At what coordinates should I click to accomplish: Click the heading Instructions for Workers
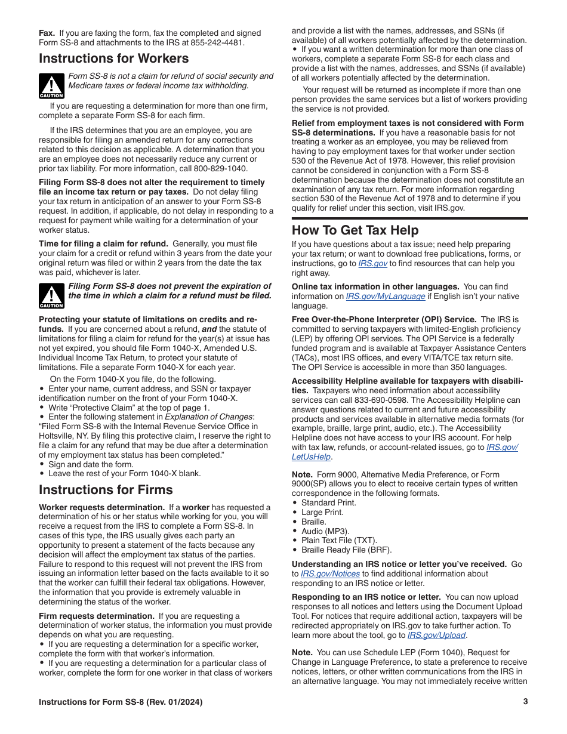pyautogui.click(x=113, y=58)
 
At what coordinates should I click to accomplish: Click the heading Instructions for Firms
pyautogui.click(x=106, y=490)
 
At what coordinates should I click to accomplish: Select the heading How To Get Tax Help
pyautogui.click(x=355, y=230)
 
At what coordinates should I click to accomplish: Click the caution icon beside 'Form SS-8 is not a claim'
pyautogui.click(x=51, y=86)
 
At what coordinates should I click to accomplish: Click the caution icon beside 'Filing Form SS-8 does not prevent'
pyautogui.click(x=51, y=296)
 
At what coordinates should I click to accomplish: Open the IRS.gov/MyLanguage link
pyautogui.click(x=386, y=296)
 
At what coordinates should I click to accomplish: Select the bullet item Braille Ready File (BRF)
pyautogui.click(x=346, y=550)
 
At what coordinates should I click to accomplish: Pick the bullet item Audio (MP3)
pyautogui.click(x=325, y=531)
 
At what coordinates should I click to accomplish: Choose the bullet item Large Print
pyautogui.click(x=322, y=512)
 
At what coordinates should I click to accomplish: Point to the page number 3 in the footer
pyautogui.click(x=525, y=702)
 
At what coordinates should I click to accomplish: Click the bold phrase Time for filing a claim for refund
pyautogui.click(x=103, y=243)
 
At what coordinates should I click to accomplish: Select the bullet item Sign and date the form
pyautogui.click(x=91, y=464)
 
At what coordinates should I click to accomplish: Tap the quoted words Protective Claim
pyautogui.click(x=102, y=408)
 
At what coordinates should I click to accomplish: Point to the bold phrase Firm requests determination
pyautogui.click(x=97, y=616)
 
